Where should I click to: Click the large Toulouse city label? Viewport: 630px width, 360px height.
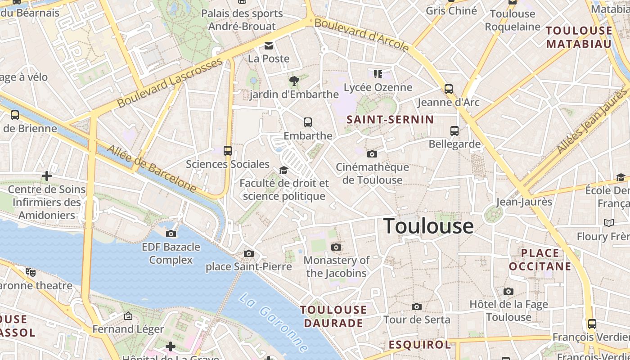tap(428, 226)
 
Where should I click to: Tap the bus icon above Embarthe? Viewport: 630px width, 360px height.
tap(308, 122)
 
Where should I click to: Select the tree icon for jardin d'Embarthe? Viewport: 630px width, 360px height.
tap(294, 81)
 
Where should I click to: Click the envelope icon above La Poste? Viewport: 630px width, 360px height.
tap(269, 45)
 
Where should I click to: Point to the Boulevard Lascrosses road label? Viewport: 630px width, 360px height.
tap(170, 83)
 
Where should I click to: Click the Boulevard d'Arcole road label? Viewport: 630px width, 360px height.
tap(362, 35)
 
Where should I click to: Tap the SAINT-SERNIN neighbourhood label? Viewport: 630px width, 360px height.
tap(390, 120)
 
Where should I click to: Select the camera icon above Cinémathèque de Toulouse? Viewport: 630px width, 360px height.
tap(372, 154)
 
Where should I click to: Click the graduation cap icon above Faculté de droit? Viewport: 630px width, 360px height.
tap(283, 170)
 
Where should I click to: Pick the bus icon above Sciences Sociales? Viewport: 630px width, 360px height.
tap(228, 151)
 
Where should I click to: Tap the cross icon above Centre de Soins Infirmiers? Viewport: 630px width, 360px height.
tap(47, 176)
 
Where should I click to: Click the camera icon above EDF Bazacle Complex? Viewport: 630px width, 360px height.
tap(171, 234)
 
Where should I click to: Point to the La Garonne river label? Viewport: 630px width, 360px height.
tap(274, 322)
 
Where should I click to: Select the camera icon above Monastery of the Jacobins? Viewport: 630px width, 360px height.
tap(336, 247)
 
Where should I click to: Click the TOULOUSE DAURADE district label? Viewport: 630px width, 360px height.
tap(333, 316)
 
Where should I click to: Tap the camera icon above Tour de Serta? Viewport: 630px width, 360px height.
tap(417, 307)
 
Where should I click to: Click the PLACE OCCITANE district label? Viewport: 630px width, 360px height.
tap(540, 260)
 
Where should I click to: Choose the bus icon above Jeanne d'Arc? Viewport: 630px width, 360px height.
tap(449, 89)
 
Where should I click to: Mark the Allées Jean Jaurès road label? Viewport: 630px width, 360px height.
tap(591, 121)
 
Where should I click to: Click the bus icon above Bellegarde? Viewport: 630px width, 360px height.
tap(454, 131)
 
